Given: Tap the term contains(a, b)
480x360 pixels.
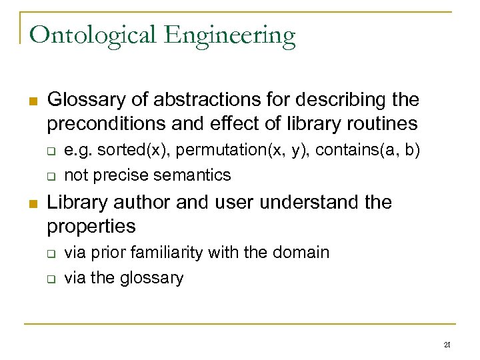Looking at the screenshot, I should coord(367,151).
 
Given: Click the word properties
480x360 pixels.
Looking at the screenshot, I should coord(91,227).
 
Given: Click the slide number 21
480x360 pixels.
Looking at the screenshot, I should coord(447,345).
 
